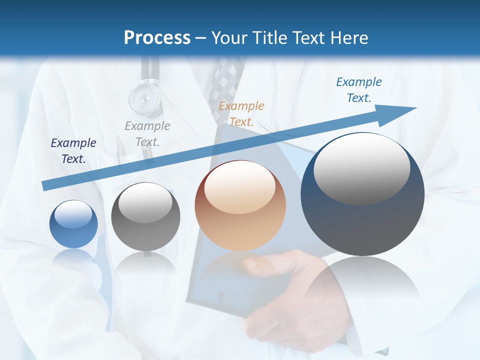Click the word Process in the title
157,38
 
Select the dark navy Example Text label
73,150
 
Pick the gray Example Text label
147,133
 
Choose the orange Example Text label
241,113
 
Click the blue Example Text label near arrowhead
359,90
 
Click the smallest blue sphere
74,224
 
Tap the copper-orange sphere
240,205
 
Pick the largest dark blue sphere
362,194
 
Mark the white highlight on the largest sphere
361,167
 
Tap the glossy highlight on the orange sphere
239,188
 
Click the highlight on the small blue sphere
73,214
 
